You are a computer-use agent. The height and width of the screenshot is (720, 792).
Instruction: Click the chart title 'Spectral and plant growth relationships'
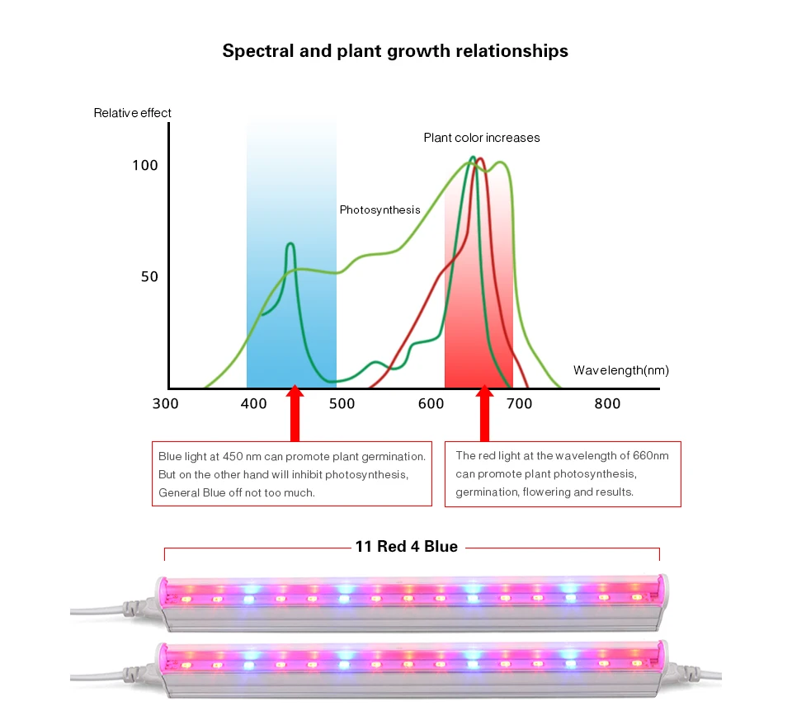click(395, 51)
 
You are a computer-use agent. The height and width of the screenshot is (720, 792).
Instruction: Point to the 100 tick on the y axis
click(144, 166)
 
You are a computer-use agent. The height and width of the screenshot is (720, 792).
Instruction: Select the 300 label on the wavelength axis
click(166, 403)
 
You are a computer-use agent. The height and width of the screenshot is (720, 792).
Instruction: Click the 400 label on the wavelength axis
click(254, 403)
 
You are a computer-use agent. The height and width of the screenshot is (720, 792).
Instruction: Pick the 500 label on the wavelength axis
click(342, 403)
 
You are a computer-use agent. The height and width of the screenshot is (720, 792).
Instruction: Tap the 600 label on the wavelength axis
click(431, 403)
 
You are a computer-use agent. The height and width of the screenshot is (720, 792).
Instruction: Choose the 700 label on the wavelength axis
click(520, 403)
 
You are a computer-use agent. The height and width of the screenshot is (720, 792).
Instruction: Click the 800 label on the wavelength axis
click(607, 403)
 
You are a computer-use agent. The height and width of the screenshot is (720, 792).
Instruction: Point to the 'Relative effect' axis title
click(133, 113)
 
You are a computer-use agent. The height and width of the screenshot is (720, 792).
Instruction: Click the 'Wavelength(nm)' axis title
click(620, 370)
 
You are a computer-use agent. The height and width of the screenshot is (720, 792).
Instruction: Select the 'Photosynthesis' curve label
click(379, 210)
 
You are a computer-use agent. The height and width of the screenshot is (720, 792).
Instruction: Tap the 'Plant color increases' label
click(482, 138)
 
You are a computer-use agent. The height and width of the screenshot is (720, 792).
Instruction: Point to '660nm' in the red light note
click(651, 456)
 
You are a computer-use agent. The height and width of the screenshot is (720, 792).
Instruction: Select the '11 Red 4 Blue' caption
click(406, 547)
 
